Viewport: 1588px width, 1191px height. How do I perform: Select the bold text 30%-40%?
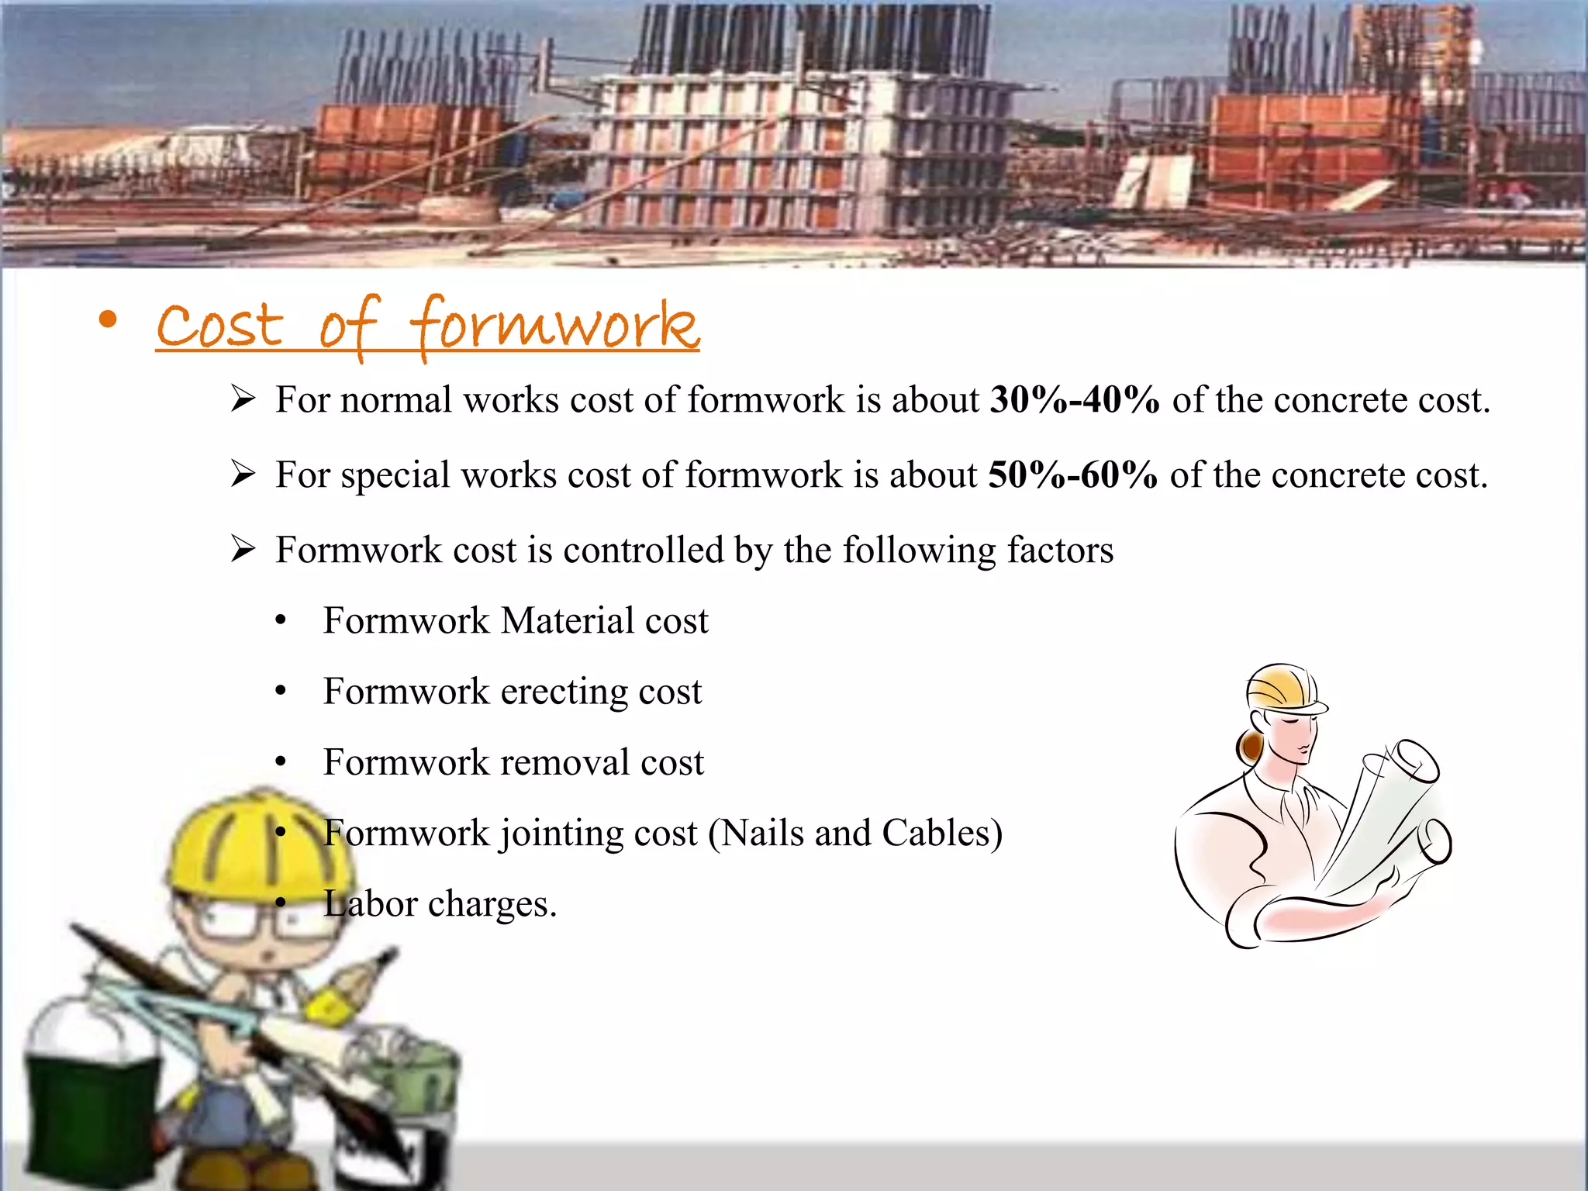point(1075,400)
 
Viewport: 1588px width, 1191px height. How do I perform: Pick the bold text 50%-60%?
point(1073,475)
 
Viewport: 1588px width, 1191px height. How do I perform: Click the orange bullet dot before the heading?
point(109,319)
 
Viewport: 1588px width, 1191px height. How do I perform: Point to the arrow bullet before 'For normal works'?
point(243,399)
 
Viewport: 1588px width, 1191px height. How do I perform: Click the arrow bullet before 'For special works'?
point(243,474)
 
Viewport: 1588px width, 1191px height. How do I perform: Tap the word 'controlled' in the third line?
point(643,551)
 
